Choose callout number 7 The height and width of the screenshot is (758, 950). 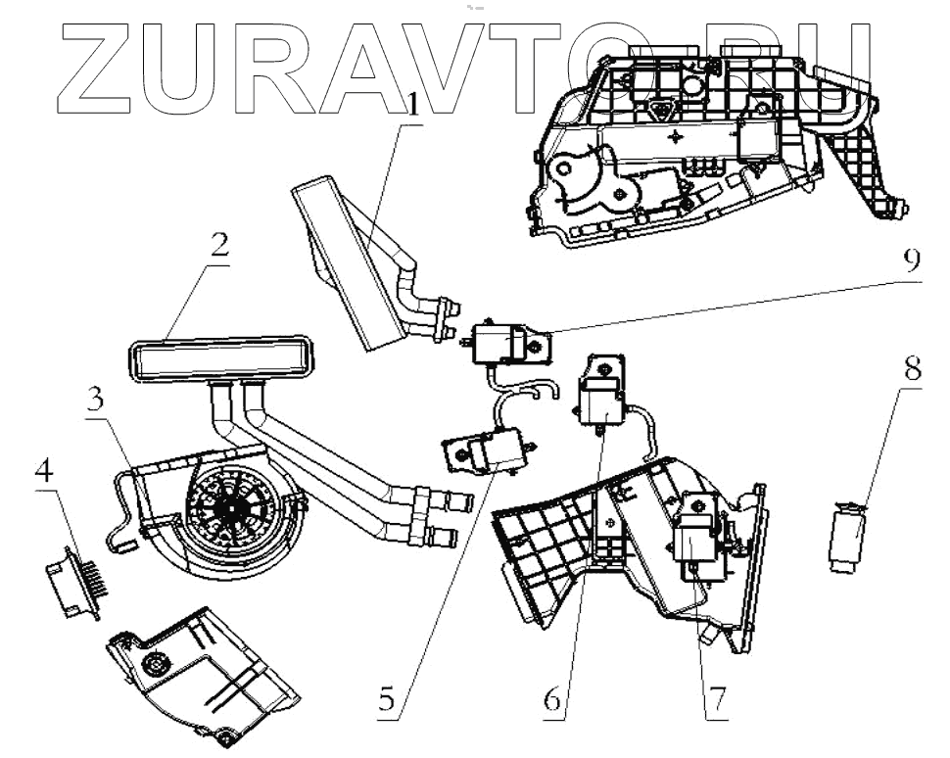click(x=716, y=700)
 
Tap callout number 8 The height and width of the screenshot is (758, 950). click(x=913, y=370)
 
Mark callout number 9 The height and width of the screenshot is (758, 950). click(x=911, y=261)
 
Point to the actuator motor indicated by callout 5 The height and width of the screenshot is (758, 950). click(x=490, y=452)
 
